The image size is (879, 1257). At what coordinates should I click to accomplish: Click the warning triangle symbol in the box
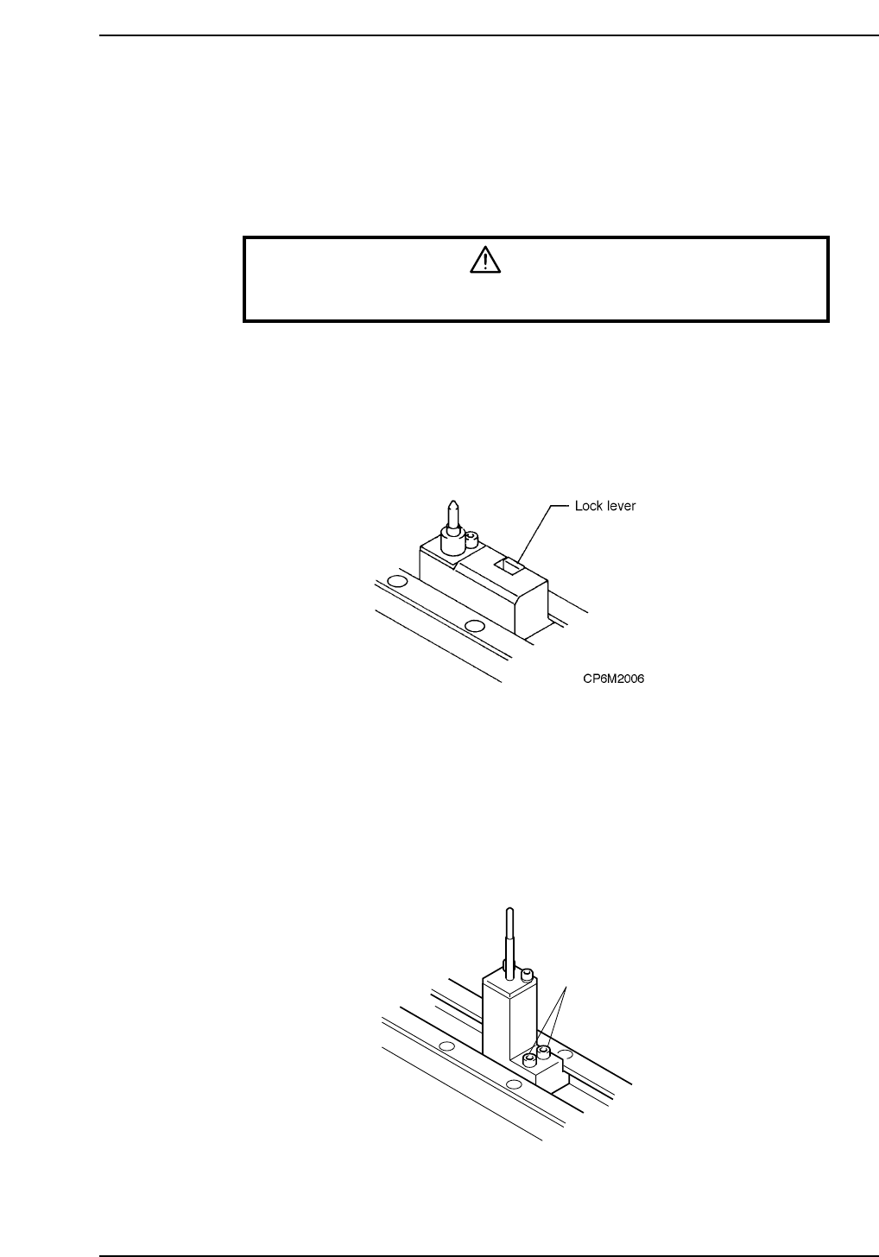pos(485,260)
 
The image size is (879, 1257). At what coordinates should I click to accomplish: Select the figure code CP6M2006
pos(613,679)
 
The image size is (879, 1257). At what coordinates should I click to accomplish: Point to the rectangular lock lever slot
pos(508,566)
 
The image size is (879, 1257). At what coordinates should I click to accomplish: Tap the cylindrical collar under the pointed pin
pos(452,543)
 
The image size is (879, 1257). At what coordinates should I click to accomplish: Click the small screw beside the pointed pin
pos(471,540)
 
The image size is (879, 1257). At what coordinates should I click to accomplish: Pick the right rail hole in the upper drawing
pos(472,625)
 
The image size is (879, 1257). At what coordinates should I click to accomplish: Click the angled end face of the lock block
pos(531,609)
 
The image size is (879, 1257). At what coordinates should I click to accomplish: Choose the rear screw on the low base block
pos(544,1052)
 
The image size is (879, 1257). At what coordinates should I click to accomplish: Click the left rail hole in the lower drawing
pos(446,1046)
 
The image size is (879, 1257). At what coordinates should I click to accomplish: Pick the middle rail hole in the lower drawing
pos(515,1084)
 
